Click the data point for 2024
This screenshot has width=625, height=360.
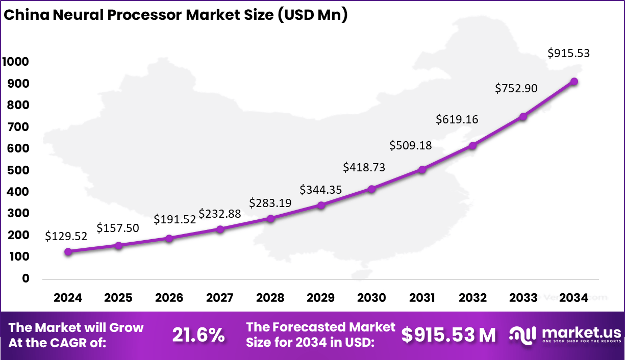point(68,251)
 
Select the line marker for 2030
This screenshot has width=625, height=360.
point(371,189)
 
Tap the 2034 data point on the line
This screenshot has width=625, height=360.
point(574,82)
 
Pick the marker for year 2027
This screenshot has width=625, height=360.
point(220,229)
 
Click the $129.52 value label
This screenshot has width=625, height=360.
point(66,236)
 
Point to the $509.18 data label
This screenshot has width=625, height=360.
point(410,145)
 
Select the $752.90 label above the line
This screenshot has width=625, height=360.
point(516,88)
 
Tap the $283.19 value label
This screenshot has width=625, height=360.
point(270,203)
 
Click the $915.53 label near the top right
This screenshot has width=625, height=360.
point(568,53)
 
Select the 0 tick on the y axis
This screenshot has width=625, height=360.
point(26,279)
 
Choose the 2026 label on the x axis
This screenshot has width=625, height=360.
point(169,298)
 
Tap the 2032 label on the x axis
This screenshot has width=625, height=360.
point(473,298)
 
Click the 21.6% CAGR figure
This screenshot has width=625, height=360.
point(198,335)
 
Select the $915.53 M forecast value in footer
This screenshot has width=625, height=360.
point(448,335)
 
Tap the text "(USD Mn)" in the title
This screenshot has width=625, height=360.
point(312,15)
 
